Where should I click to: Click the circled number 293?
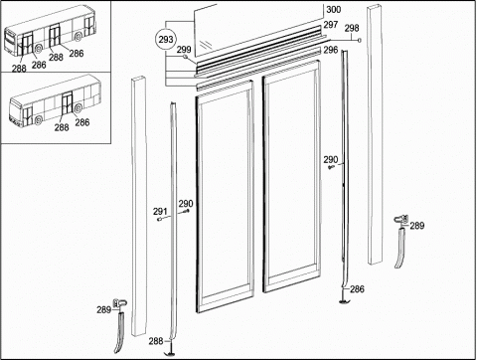166,40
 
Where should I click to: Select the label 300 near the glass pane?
333,9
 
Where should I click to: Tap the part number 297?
331,25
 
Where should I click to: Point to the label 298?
352,28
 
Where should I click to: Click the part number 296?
331,50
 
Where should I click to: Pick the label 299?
184,50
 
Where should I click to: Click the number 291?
160,211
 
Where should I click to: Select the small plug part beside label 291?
159,220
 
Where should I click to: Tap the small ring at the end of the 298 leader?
359,40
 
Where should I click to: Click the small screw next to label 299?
186,57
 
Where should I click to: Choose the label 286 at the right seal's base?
357,289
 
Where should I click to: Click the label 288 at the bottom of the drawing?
156,341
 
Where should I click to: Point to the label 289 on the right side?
417,226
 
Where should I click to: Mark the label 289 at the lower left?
103,310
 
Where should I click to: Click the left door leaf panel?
226,196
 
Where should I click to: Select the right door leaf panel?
292,176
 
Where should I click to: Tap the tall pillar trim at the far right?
375,134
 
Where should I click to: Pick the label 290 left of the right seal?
331,160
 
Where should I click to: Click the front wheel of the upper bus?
38,49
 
